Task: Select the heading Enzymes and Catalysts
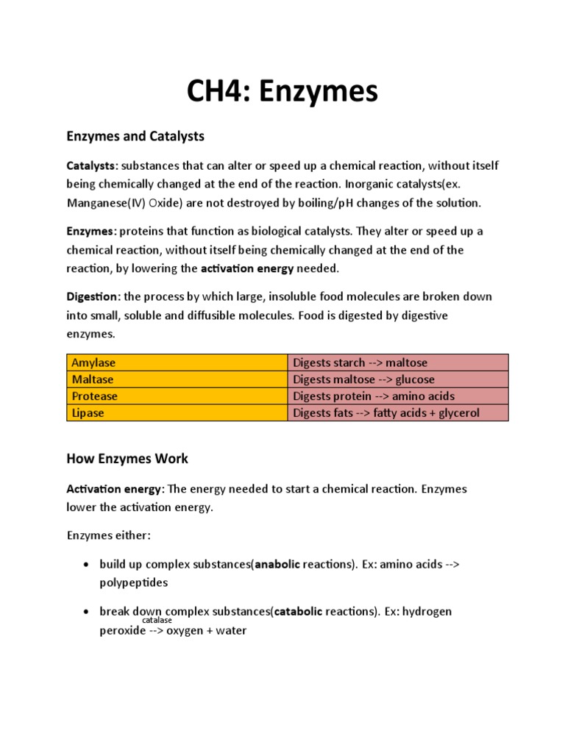(135, 136)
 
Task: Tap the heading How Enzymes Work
(127, 458)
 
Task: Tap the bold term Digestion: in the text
(93, 296)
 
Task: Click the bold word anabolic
(277, 564)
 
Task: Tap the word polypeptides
(134, 582)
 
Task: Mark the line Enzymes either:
(108, 535)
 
